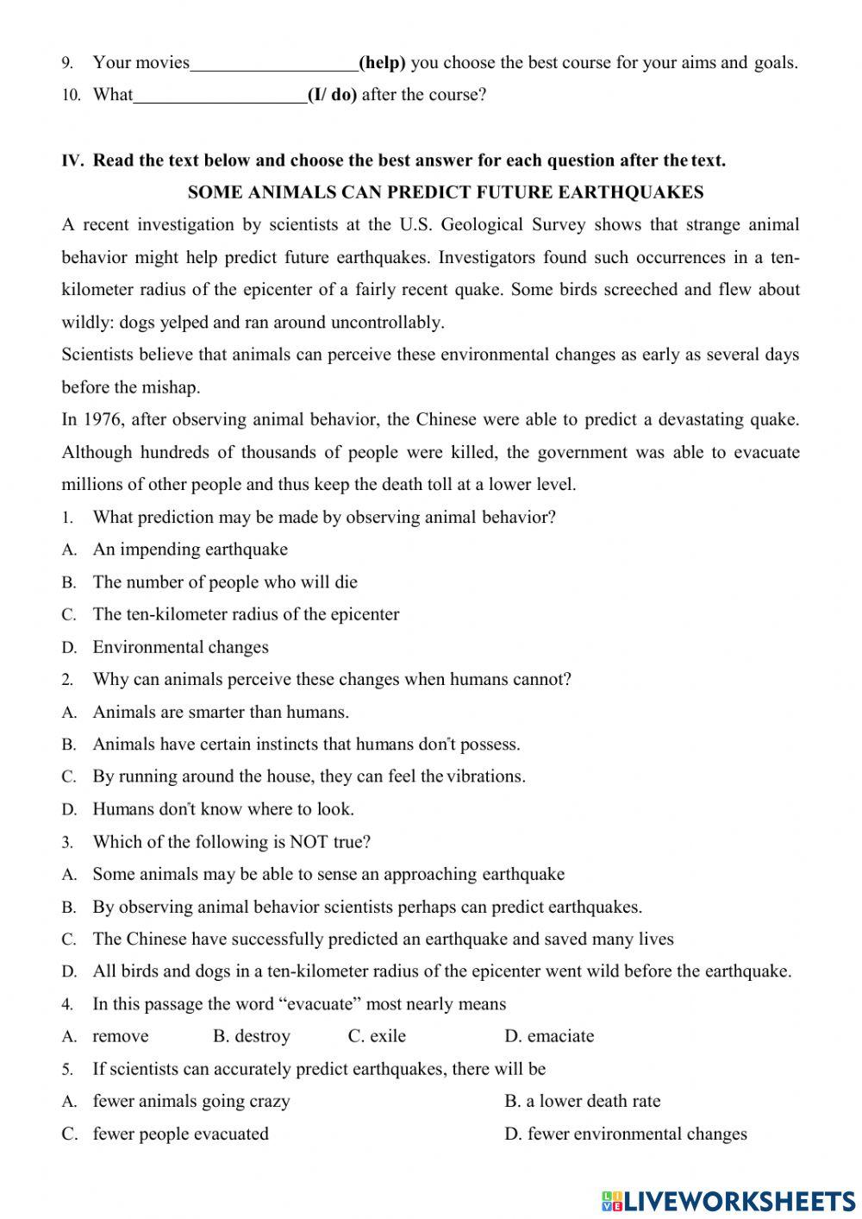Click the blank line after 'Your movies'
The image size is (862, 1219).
[x=273, y=64]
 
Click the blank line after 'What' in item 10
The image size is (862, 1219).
[x=220, y=97]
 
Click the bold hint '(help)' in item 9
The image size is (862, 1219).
[x=382, y=63]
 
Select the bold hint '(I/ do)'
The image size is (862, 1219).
[x=332, y=96]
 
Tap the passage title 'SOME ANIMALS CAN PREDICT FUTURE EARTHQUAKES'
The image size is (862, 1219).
[x=445, y=192]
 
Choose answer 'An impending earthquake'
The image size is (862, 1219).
[x=190, y=550]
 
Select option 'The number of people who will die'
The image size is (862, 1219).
[x=224, y=582]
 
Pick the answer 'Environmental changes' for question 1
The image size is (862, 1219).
[x=180, y=647]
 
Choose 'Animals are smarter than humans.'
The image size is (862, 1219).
[x=221, y=713]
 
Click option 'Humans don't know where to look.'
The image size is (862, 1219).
[x=223, y=809]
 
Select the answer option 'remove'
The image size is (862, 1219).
[x=121, y=1036]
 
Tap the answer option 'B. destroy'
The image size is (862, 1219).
[x=252, y=1036]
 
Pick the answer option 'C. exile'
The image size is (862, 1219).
[x=377, y=1036]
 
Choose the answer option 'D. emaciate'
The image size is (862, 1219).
[x=549, y=1036]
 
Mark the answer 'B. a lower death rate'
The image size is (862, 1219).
[x=583, y=1102]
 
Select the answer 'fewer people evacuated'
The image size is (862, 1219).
[x=180, y=1134]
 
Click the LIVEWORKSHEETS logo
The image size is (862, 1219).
[x=728, y=1200]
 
